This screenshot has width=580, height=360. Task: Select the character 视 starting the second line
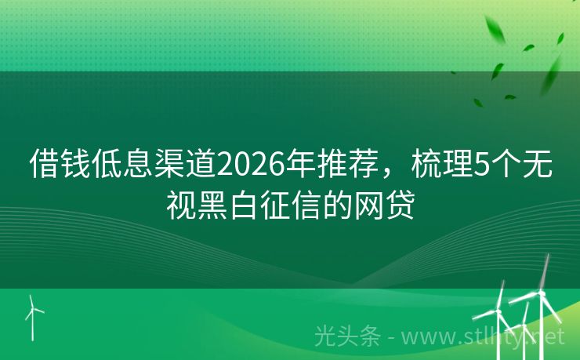pyautogui.click(x=180, y=205)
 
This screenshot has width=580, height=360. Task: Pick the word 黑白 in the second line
pyautogui.click(x=227, y=205)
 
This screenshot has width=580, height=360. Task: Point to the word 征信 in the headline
pyautogui.click(x=294, y=205)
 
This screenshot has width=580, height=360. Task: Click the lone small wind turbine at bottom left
pyautogui.click(x=33, y=317)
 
